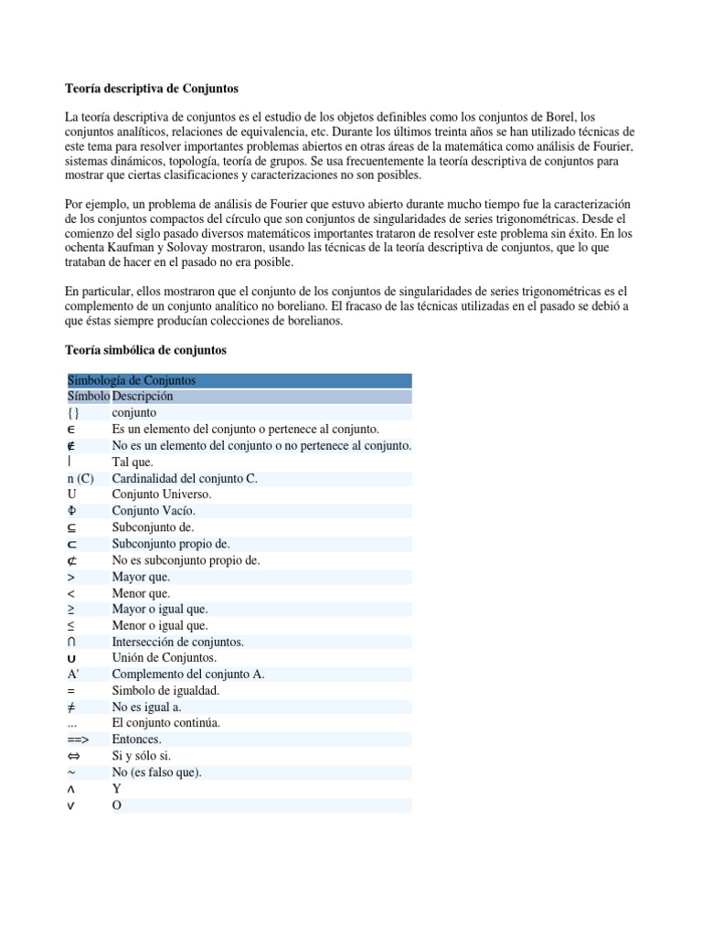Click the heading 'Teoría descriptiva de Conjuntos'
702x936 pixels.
[152, 89]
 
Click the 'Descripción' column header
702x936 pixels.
[143, 397]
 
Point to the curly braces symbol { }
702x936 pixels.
[74, 413]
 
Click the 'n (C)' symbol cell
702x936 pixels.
[80, 478]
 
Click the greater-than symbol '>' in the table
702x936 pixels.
[71, 578]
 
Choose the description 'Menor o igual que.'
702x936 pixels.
[160, 627]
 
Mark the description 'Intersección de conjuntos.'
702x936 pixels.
[177, 643]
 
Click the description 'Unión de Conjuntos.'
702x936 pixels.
[164, 659]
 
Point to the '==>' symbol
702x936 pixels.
[80, 739]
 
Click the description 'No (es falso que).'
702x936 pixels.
[156, 772]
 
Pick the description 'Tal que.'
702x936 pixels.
[133, 462]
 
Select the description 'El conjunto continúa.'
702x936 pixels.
[165, 723]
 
